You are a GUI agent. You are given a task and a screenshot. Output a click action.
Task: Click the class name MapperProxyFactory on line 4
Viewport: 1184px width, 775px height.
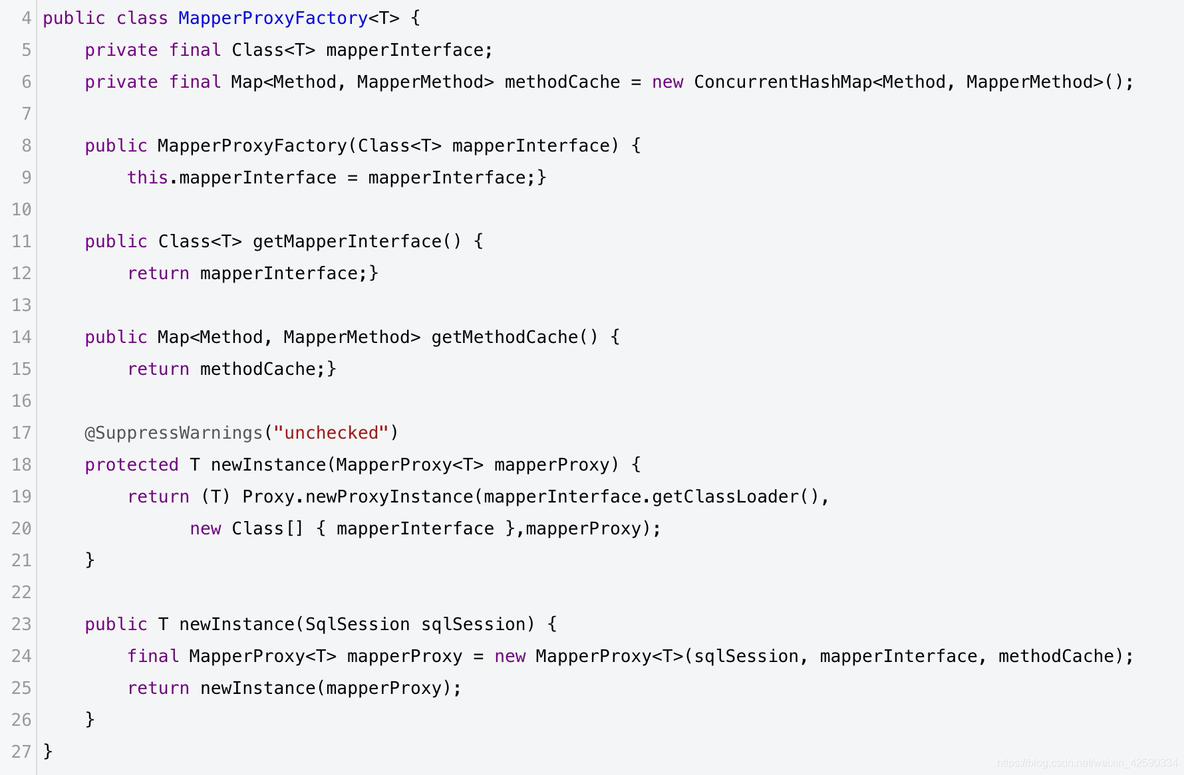(x=273, y=18)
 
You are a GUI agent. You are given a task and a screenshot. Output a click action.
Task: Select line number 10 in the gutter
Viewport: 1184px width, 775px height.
(x=21, y=209)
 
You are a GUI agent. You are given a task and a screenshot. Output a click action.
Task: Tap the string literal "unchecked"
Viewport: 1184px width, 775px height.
(x=331, y=433)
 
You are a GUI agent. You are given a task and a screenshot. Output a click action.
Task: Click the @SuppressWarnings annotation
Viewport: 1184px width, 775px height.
(x=174, y=433)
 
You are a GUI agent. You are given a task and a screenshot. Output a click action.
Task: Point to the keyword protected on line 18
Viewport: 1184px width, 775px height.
(x=131, y=465)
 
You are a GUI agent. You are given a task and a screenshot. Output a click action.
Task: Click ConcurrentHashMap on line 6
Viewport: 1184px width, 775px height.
(x=783, y=82)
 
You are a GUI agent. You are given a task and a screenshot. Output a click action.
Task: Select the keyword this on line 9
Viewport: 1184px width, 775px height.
(x=147, y=177)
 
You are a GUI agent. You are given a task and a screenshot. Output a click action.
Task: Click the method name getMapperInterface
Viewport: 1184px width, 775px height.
(x=347, y=241)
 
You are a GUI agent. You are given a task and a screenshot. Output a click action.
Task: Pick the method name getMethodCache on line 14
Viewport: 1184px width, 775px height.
(x=505, y=337)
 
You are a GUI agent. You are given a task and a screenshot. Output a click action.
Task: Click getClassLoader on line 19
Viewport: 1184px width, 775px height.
(x=724, y=497)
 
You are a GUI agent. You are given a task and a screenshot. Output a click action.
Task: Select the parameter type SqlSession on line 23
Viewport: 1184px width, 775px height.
(x=357, y=624)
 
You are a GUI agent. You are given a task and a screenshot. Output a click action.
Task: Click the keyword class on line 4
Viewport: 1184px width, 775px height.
(x=142, y=18)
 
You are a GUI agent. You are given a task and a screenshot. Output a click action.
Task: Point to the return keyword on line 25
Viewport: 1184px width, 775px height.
(x=158, y=688)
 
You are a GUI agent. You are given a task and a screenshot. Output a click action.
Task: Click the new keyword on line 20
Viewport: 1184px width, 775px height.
(x=205, y=528)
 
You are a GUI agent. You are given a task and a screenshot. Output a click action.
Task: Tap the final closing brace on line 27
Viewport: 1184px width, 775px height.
(x=48, y=752)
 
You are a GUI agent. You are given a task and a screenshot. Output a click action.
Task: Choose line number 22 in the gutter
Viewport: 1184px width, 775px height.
(x=21, y=592)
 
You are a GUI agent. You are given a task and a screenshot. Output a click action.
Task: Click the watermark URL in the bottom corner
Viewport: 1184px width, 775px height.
(x=1087, y=763)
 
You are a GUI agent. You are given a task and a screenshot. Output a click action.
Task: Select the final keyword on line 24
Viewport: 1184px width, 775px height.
(x=152, y=656)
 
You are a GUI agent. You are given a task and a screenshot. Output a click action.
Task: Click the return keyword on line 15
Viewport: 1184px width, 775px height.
(x=158, y=369)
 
